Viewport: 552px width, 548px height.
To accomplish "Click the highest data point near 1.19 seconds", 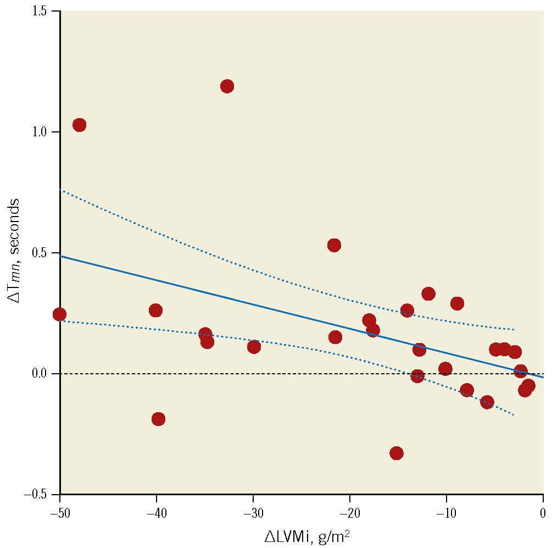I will [227, 86].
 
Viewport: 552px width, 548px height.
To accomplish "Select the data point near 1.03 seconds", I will [79, 125].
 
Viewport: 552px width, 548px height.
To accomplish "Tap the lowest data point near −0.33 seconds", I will [397, 453].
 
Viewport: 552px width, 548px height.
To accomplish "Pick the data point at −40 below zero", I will [158, 419].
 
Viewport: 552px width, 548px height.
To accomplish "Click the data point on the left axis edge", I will [60, 314].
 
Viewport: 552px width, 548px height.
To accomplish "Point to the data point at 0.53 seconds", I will [334, 245].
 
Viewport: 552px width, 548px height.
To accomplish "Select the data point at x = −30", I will [254, 347].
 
